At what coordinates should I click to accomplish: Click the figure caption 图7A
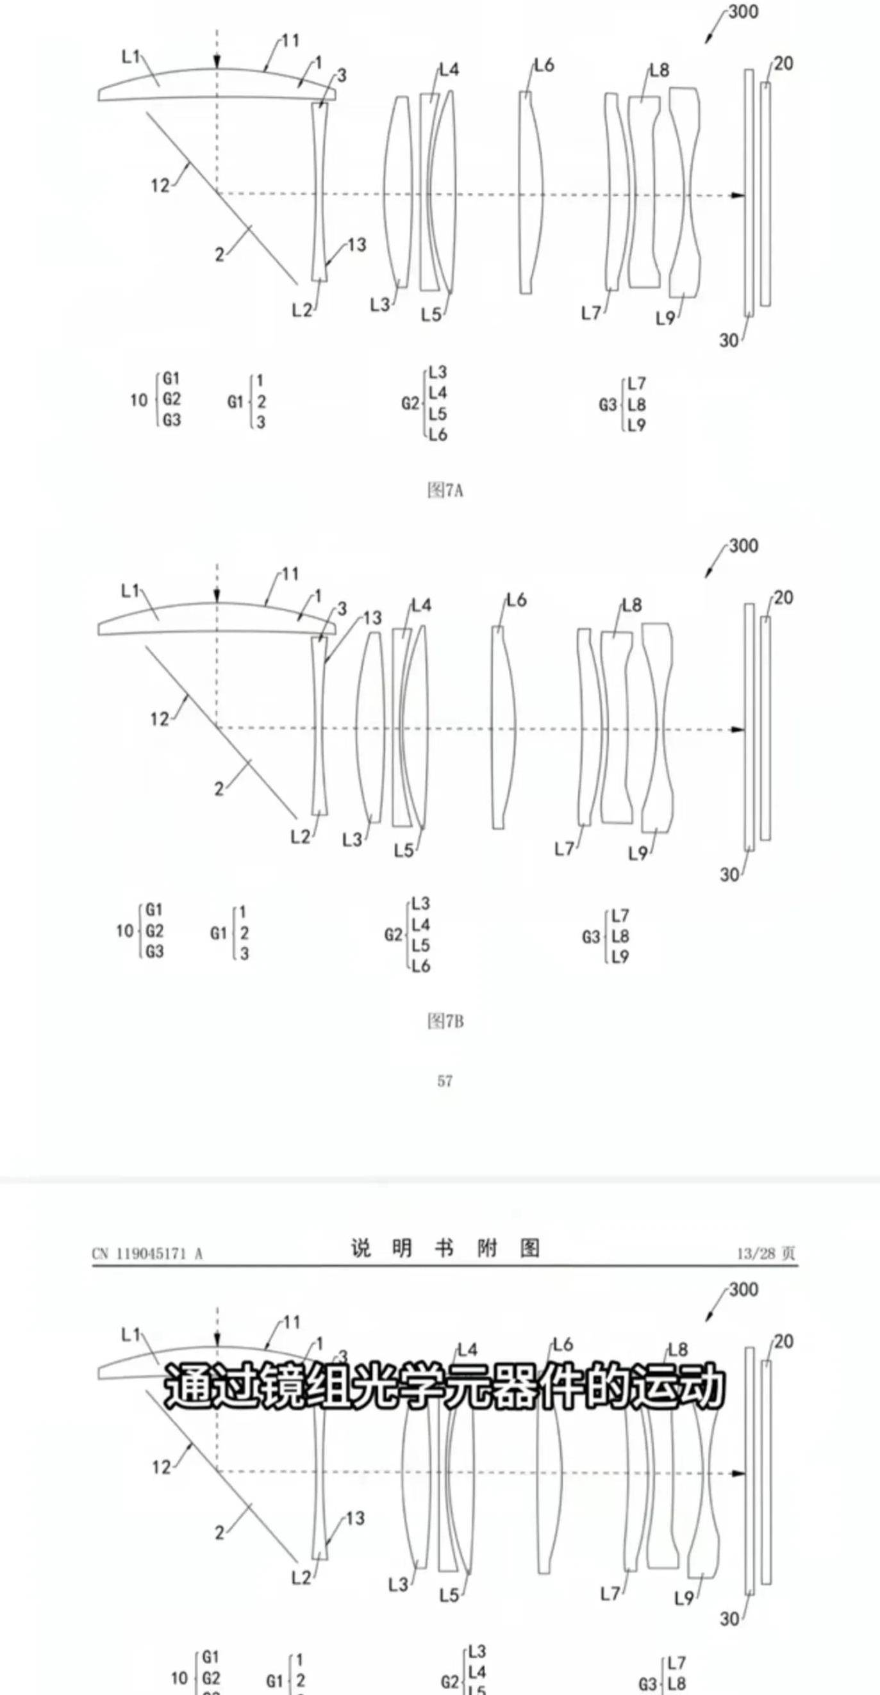445,490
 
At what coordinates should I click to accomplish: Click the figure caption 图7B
445,1021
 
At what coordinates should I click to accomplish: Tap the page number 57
445,1081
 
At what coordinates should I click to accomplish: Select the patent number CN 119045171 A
147,1254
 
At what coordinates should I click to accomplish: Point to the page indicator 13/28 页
765,1254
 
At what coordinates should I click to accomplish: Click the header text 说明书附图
445,1248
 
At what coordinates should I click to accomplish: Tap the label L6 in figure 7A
544,65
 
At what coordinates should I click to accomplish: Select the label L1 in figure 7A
131,57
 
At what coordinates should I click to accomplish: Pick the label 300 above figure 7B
743,546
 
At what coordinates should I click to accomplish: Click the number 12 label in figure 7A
160,186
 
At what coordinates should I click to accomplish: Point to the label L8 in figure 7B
632,605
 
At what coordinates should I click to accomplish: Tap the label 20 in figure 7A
783,64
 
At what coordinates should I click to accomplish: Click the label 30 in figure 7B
729,874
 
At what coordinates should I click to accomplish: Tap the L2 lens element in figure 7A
319,192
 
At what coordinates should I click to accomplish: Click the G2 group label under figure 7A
410,404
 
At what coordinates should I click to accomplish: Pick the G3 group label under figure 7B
590,937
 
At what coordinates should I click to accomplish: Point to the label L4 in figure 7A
449,70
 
